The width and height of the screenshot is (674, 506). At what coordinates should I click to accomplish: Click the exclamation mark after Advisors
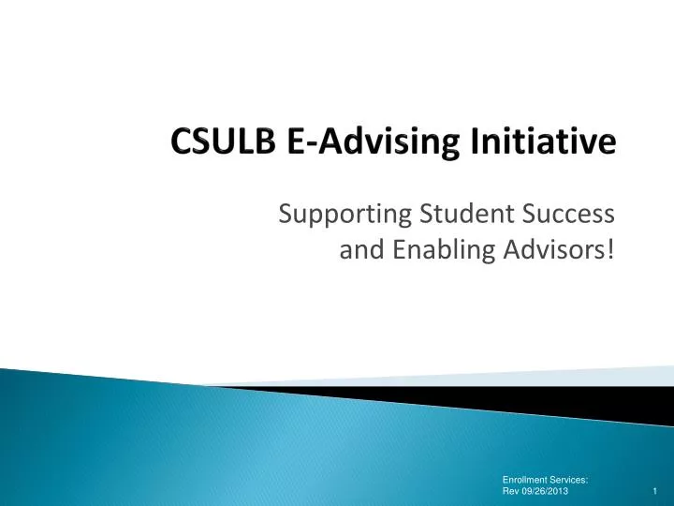click(x=610, y=250)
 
